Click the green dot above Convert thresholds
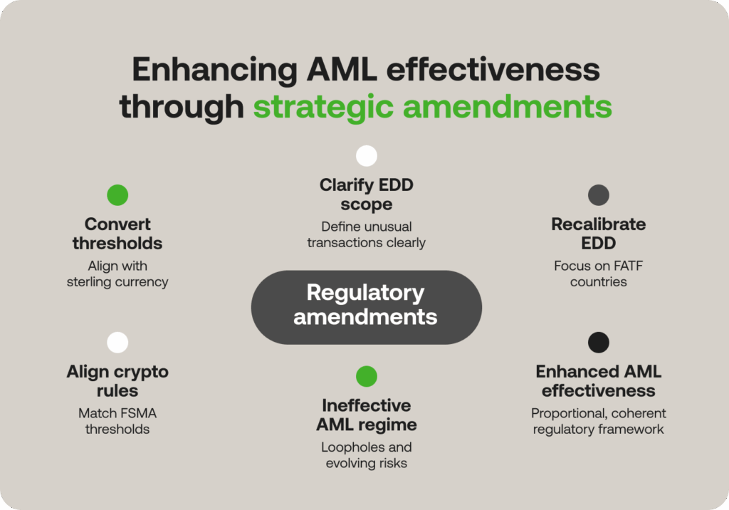point(117,195)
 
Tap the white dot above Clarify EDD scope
point(367,156)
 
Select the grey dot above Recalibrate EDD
point(599,195)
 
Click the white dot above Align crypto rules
point(117,343)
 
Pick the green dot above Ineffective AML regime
point(367,376)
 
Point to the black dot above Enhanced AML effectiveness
point(599,343)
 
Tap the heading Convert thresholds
point(117,234)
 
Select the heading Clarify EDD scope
point(367,194)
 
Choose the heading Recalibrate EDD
point(599,234)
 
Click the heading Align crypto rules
point(117,381)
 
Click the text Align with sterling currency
point(117,273)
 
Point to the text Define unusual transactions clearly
point(367,234)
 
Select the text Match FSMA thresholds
point(117,420)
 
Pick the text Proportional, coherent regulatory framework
point(599,421)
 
